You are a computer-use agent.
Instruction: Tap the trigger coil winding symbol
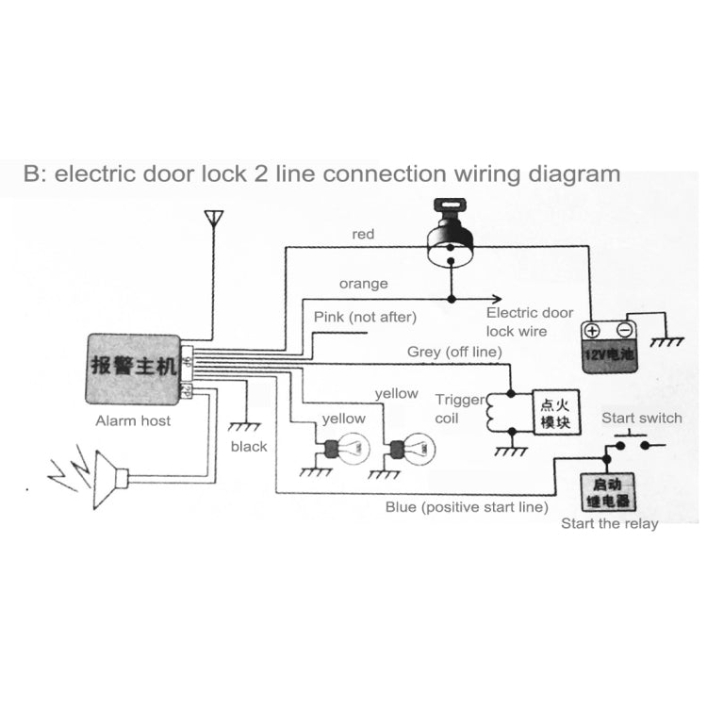[489, 414]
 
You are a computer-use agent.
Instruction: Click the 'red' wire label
[363, 233]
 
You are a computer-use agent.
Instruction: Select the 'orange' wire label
[363, 283]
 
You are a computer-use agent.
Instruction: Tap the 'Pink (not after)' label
[364, 318]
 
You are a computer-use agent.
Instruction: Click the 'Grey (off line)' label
[453, 352]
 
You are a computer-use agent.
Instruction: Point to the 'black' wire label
[249, 446]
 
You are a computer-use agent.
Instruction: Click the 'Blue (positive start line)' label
[466, 507]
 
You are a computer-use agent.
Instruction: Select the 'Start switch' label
[642, 419]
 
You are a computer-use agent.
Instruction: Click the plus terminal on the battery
[592, 331]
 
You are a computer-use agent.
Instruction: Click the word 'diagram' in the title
[573, 173]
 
